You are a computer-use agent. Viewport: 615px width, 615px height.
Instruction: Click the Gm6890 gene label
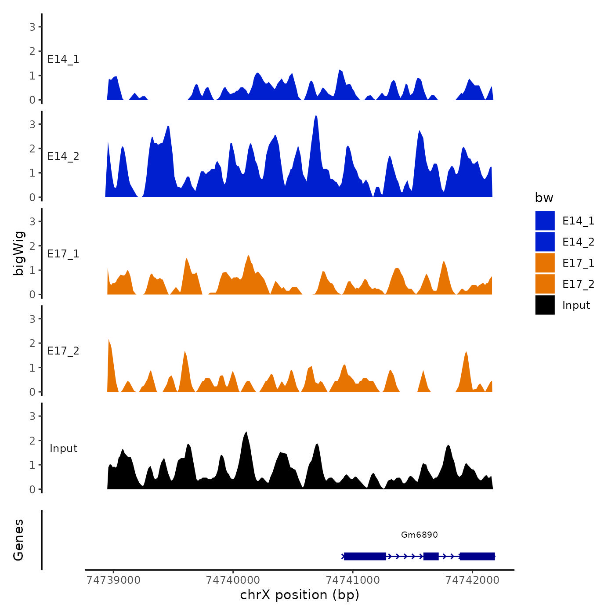419,535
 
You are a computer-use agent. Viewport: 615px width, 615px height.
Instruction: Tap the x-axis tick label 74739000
114,580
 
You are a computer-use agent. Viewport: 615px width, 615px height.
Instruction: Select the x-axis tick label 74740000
233,580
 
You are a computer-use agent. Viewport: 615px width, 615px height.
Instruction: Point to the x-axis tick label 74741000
353,580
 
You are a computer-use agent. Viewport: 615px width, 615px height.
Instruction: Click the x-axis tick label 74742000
472,580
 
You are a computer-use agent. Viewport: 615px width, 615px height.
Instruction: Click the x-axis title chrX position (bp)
300,595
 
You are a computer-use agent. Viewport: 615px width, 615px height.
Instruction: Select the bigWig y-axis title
18,253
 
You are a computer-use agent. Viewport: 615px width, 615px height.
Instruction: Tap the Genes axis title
18,540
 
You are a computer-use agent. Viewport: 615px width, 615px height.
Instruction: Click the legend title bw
544,198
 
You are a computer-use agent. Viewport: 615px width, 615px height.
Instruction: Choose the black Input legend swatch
545,305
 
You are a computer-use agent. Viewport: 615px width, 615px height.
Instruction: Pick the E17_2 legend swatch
545,284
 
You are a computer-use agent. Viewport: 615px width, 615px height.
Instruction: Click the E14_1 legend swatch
545,221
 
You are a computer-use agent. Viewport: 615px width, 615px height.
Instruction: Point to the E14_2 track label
63,156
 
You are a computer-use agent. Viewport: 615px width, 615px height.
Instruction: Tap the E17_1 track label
63,254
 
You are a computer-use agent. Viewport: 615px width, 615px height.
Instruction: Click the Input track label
63,449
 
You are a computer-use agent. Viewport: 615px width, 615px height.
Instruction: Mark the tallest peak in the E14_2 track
316,116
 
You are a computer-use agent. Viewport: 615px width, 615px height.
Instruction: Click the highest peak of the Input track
246,433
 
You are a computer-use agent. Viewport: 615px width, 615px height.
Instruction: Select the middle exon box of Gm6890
431,556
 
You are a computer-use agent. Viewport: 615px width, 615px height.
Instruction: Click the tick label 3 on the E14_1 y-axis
33,27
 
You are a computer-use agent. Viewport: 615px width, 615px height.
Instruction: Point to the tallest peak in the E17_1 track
248,256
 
